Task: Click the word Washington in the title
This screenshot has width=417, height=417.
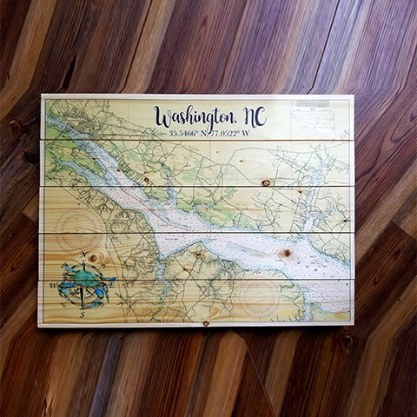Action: pos(193,116)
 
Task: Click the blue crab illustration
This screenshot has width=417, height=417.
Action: pos(83,281)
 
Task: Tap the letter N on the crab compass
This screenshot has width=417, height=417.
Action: pos(83,255)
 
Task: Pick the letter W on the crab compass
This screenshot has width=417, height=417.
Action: pos(54,285)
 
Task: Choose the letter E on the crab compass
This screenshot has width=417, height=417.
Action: pos(111,280)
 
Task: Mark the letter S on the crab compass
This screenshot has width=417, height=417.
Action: pos(83,314)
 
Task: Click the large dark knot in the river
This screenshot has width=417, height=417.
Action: pos(285,253)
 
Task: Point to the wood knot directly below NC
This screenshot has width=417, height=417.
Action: pos(265,182)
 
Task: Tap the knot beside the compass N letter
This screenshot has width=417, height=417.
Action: pos(94,257)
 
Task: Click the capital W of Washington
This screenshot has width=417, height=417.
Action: pos(163,116)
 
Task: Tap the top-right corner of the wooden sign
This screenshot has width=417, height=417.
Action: pos(352,96)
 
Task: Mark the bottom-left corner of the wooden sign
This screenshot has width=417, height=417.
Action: pos(40,326)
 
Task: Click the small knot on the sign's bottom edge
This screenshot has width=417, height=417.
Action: pos(205,323)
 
